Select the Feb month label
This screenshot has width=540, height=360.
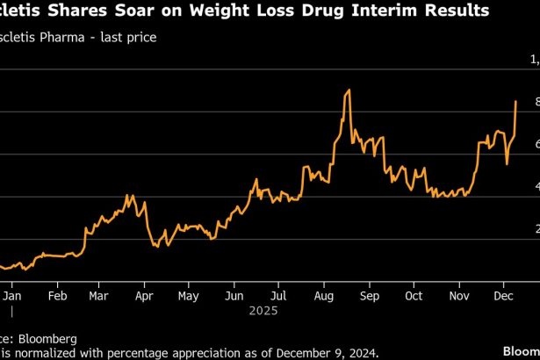pyautogui.click(x=56, y=296)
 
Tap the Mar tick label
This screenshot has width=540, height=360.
pyautogui.click(x=98, y=296)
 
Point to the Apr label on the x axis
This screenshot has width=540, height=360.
pyautogui.click(x=144, y=296)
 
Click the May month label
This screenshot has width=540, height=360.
pyautogui.click(x=189, y=296)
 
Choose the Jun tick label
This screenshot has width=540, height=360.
pyautogui.click(x=234, y=296)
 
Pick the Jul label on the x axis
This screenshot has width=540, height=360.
pyautogui.click(x=277, y=296)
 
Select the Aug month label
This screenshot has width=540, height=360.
pyautogui.click(x=323, y=296)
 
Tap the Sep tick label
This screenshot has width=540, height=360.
pyautogui.click(x=369, y=296)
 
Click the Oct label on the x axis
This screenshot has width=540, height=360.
pyautogui.click(x=413, y=296)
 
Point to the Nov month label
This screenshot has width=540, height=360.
pyautogui.click(x=458, y=296)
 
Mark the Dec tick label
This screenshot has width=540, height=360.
pyautogui.click(x=503, y=296)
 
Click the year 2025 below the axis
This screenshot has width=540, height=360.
pyautogui.click(x=263, y=311)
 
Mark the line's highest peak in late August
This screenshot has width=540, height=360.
pyautogui.click(x=349, y=90)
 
